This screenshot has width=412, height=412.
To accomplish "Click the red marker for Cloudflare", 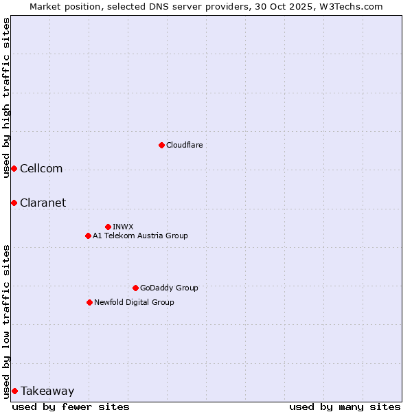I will coord(161,145).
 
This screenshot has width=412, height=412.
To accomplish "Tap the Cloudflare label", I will coord(184,145).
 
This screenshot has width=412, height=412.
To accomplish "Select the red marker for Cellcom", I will coord(14,169).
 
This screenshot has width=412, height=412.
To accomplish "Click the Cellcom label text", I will coord(41,169).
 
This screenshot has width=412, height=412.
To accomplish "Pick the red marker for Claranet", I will coord(14,203).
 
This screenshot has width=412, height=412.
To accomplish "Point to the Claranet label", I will coord(43,203).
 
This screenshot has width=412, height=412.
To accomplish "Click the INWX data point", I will coord(108,227).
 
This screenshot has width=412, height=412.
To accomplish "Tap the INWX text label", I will coord(123,227).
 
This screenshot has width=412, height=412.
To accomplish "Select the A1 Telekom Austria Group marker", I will coord(88,236).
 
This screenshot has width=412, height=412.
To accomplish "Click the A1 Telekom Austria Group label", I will coord(140,236).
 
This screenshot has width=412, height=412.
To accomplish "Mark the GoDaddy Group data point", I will coord(135,288).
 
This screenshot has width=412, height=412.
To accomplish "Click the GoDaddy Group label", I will coord(169,288).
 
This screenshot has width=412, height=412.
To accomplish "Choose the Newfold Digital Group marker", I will coord(89,302).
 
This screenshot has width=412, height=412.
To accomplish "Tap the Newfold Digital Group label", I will coord(134,302).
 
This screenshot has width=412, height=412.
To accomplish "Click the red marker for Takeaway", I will coord(14,391).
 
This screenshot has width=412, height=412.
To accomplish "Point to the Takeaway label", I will coord(47,391).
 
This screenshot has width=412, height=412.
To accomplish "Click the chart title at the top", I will coord(206,6).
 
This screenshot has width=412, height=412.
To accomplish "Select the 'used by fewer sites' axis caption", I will coord(71,407).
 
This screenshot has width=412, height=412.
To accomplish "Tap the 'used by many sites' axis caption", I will coord(345,407).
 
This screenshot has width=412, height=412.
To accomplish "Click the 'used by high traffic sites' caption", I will coord(6,98).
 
